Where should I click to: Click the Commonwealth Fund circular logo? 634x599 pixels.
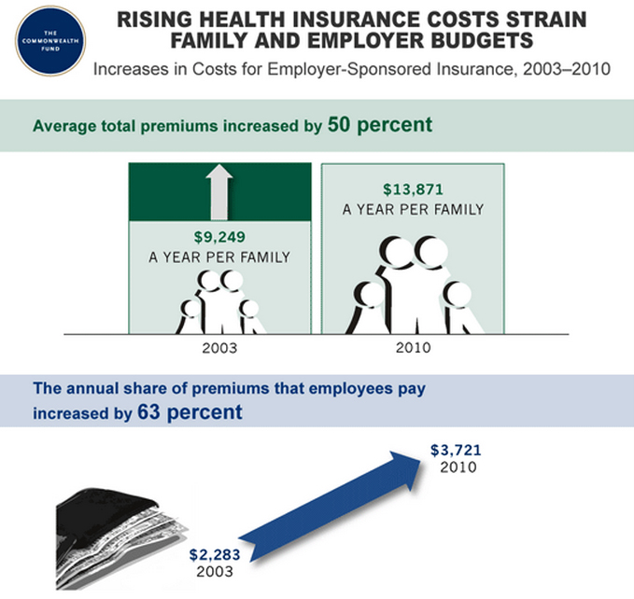pos(50,41)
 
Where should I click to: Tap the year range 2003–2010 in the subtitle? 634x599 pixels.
pos(567,69)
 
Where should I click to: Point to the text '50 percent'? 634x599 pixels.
pos(380,124)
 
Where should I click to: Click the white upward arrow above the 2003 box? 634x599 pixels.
pos(219,192)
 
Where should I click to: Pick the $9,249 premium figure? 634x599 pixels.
pos(219,237)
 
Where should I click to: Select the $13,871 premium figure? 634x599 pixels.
pos(414,189)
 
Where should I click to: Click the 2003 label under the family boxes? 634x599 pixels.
pos(219,348)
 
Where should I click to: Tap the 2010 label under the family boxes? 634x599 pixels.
pos(414,347)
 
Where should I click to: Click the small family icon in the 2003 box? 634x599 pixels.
pos(220,302)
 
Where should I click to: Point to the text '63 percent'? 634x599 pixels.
pos(190,412)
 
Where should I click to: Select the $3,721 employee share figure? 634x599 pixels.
pos(456,450)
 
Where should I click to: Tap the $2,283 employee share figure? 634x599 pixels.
pos(215,554)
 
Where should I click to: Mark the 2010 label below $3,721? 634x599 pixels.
pos(458,467)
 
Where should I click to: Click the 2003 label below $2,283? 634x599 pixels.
pos(215,572)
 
